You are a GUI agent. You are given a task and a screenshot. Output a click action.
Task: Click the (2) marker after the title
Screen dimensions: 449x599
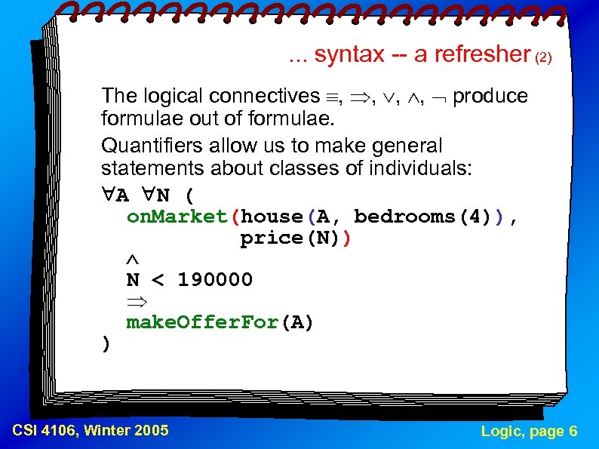(544, 57)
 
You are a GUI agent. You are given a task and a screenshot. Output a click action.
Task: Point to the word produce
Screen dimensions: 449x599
(490, 97)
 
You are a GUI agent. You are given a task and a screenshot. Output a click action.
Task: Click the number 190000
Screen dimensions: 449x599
(215, 280)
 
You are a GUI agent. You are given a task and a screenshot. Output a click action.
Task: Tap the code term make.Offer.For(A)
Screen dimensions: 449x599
(220, 323)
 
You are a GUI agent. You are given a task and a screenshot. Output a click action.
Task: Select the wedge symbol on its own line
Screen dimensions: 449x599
(133, 260)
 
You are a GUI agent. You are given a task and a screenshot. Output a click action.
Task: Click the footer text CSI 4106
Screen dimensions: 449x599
(45, 431)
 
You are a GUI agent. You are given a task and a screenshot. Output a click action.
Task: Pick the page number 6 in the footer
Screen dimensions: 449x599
(573, 432)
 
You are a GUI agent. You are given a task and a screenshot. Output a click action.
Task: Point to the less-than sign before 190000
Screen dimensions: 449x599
(158, 281)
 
